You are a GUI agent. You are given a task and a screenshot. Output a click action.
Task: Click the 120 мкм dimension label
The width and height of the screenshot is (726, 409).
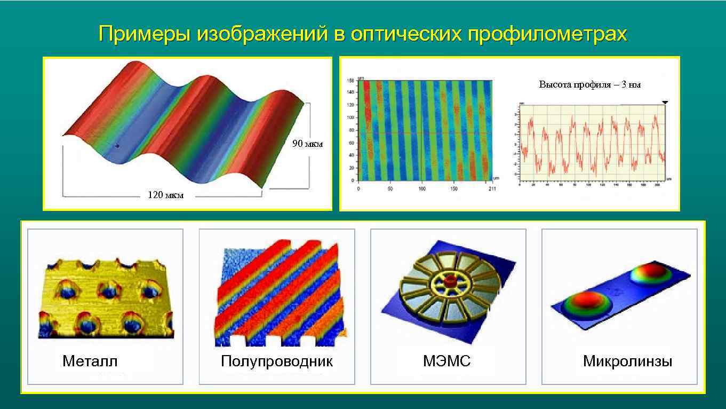[165, 195]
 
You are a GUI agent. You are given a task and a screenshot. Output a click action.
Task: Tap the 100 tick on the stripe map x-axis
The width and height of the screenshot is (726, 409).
[422, 189]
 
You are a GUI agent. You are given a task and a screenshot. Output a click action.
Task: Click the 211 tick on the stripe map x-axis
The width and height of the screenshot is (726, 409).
[491, 189]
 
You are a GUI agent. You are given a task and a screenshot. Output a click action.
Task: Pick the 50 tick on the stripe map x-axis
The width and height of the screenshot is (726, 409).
[390, 189]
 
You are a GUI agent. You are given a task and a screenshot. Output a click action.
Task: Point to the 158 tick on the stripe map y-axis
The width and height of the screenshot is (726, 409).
[351, 81]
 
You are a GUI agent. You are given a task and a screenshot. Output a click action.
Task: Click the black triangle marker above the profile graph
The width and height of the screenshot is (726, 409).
[665, 101]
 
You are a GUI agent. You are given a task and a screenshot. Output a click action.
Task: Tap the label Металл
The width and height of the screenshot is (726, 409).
[90, 361]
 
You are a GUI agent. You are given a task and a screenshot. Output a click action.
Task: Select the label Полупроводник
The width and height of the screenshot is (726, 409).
[276, 361]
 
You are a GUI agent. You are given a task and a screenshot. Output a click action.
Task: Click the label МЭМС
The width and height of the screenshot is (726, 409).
[446, 361]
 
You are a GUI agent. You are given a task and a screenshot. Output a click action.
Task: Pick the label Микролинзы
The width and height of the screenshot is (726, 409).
[627, 361]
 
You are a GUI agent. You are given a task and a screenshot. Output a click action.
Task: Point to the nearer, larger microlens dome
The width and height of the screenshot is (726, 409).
[583, 302]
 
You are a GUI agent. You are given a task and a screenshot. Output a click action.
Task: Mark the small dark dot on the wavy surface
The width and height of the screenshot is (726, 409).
[118, 145]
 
